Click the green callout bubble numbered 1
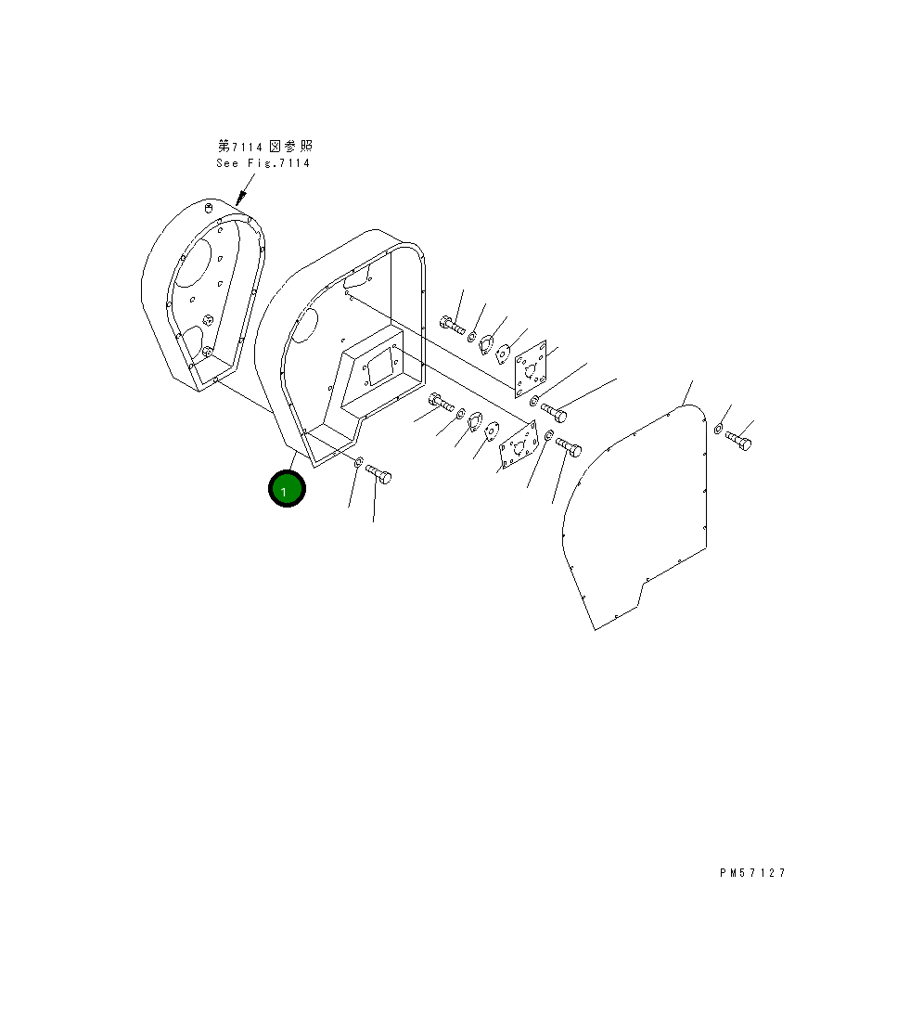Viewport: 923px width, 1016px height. (287, 489)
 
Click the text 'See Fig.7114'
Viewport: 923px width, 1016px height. (263, 163)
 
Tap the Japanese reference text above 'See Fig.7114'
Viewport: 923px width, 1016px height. (264, 147)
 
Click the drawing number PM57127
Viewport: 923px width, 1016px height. (751, 873)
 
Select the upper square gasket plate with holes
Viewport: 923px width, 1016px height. (532, 369)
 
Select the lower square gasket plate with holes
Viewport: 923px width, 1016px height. (519, 448)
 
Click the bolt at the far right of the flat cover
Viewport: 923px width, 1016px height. (739, 440)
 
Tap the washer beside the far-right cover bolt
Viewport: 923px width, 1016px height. (719, 428)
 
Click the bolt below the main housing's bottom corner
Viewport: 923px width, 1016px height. (378, 474)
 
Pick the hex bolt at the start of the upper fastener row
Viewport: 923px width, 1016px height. (451, 325)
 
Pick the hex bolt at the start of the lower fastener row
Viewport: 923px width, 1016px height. (440, 403)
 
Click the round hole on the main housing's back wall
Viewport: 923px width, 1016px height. (305, 326)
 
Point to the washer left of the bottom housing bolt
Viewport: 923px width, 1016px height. (359, 461)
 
